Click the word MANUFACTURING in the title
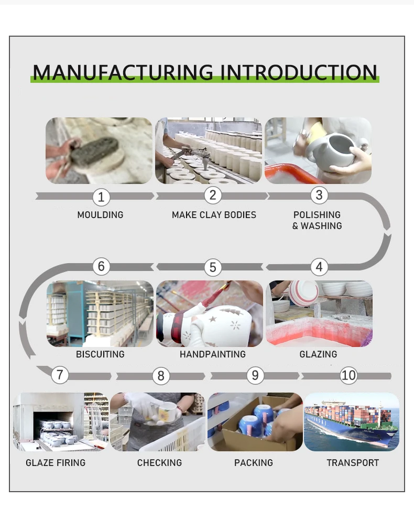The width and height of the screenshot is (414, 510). tap(123, 72)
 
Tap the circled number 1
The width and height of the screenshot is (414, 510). tap(101, 197)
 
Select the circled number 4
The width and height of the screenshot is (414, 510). tap(319, 267)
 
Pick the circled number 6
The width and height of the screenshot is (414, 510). tap(101, 266)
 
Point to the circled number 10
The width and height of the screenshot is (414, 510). tap(348, 375)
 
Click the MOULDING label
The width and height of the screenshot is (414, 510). tap(100, 215)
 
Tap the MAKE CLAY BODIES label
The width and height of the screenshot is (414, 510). tap(214, 215)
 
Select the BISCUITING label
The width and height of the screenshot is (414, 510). tap(100, 354)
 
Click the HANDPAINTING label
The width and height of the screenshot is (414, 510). tap(212, 354)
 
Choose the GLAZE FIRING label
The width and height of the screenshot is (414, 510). tap(56, 463)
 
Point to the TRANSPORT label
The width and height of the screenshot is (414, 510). tap(353, 463)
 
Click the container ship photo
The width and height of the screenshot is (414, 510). tap(351, 422)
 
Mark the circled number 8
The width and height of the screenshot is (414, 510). tap(161, 376)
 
